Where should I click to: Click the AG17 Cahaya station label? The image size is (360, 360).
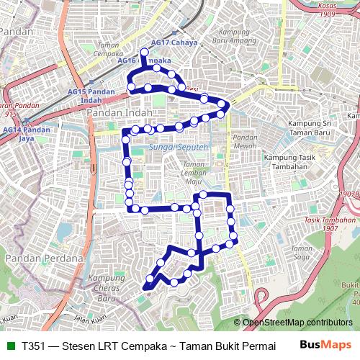click(174, 42)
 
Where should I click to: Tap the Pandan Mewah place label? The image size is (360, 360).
click(245, 141)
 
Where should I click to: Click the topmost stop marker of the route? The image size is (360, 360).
click(144, 52)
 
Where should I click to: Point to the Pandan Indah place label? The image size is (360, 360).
click(123, 113)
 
